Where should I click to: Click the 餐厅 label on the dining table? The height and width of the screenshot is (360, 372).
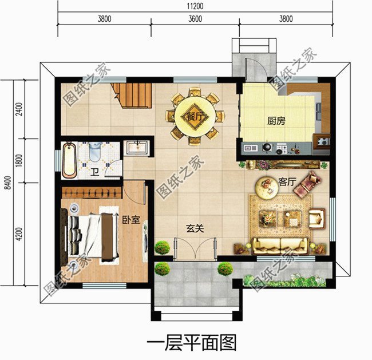point(195,116)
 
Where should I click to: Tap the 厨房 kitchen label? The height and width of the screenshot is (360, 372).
point(276,121)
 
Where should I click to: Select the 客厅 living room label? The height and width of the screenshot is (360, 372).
point(286,181)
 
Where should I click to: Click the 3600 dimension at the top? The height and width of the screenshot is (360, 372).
point(195,19)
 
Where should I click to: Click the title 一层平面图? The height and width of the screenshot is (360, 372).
point(192,343)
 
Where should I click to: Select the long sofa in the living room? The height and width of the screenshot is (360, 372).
point(280,246)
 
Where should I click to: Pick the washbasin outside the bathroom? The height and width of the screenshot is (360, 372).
point(137,147)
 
